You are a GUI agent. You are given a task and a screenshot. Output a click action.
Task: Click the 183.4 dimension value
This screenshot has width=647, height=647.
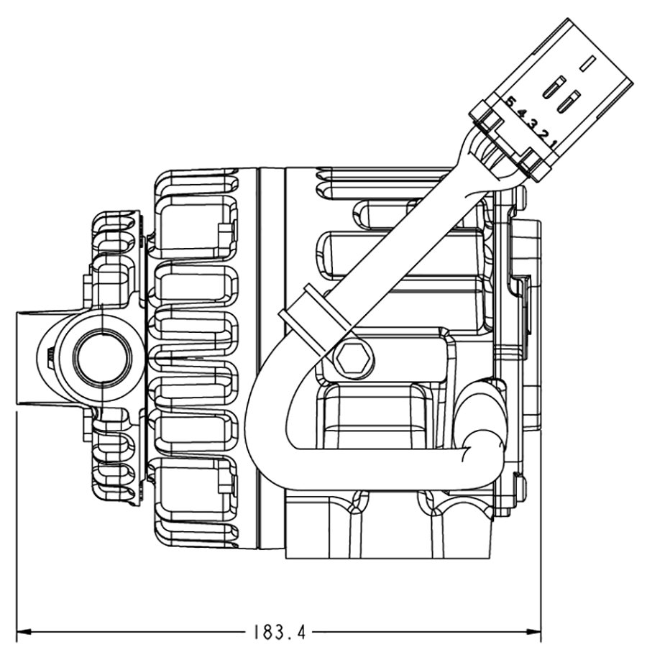tap(280, 633)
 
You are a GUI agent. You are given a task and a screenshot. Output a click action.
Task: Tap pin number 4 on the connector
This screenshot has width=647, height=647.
tap(520, 113)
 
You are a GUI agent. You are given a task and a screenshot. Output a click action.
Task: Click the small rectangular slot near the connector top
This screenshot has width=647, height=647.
tap(589, 63)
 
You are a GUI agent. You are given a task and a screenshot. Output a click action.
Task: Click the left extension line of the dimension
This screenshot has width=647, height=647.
tap(16, 518)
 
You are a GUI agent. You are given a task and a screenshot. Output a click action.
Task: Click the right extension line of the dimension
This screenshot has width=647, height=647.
tap(541, 518)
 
